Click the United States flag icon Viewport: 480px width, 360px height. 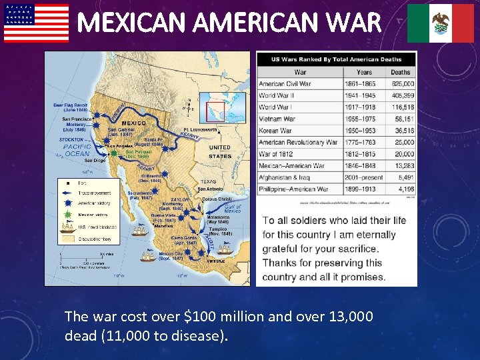click(x=36, y=23)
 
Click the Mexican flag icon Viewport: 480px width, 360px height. click(x=440, y=23)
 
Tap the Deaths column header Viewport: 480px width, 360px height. click(x=401, y=72)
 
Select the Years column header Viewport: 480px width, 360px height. click(x=364, y=72)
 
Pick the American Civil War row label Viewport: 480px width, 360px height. click(x=285, y=84)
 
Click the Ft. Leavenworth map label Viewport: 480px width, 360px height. click(x=200, y=129)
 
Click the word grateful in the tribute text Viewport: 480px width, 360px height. click(x=281, y=249)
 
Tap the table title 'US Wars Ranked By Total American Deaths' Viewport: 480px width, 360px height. click(x=336, y=59)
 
